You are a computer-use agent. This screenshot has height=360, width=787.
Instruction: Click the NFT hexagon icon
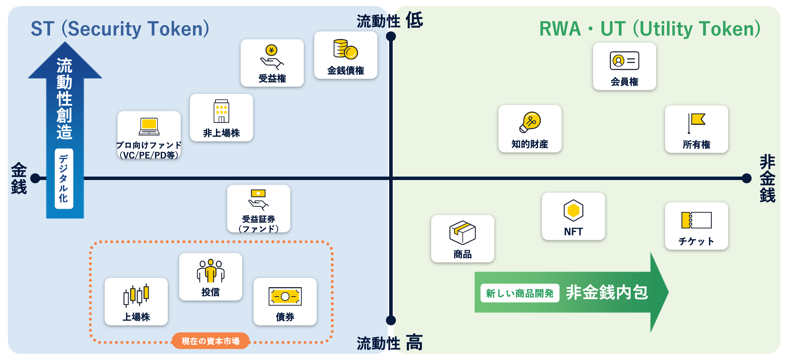(573, 210)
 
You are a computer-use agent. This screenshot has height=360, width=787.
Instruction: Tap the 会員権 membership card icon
(624, 61)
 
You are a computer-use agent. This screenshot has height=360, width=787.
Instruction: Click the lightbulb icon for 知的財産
(530, 122)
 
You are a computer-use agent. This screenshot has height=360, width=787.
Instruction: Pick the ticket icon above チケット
(696, 220)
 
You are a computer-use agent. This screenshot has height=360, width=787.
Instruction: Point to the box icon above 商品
(462, 232)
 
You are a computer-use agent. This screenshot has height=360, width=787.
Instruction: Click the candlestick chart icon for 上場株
(136, 295)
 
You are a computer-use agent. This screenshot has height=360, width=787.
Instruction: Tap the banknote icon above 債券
(285, 296)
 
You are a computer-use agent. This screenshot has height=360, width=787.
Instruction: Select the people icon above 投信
(211, 271)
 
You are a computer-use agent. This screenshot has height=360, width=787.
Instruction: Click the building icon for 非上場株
(221, 111)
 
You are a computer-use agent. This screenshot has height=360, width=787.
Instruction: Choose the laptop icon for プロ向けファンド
(149, 126)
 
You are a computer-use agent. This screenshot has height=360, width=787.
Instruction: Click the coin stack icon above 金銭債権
(345, 49)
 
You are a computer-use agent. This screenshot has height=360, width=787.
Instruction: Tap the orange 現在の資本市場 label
(211, 341)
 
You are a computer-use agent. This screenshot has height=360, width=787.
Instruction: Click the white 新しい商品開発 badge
(520, 293)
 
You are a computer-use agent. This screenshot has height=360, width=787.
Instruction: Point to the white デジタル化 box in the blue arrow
(64, 178)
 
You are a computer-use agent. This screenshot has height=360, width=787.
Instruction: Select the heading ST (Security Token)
(120, 29)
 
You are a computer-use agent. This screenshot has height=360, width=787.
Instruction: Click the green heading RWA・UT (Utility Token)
(650, 29)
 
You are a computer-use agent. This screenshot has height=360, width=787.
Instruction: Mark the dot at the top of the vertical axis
(391, 37)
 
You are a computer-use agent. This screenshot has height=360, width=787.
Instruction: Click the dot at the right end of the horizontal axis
(746, 178)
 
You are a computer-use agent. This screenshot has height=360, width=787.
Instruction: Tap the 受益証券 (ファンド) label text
(258, 224)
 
